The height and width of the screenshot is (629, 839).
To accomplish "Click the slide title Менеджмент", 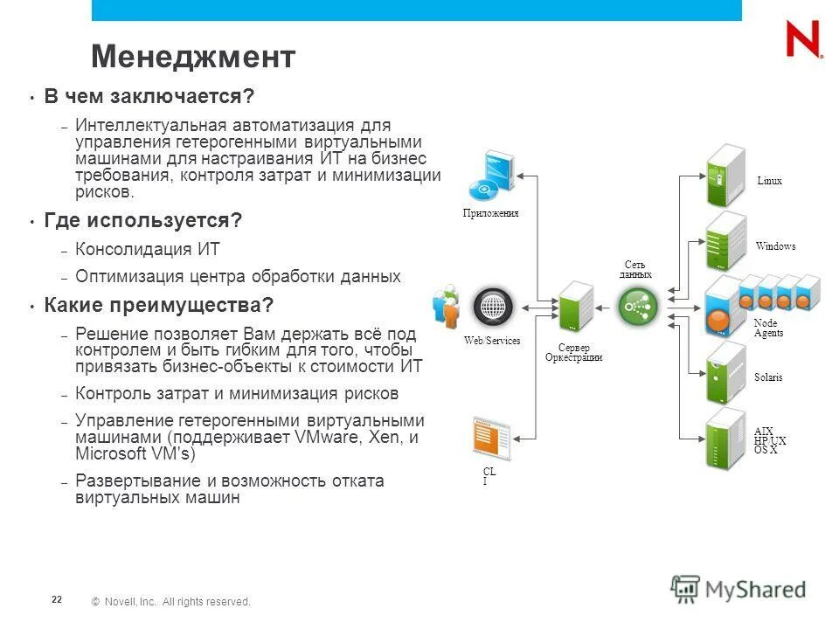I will click(x=193, y=58).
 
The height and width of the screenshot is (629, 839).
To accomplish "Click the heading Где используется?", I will click(x=142, y=221).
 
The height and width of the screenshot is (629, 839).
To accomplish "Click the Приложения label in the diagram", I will click(x=490, y=213).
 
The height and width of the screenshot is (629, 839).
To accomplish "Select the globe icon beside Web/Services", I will click(x=491, y=307).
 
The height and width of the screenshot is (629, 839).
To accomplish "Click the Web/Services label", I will click(x=492, y=341).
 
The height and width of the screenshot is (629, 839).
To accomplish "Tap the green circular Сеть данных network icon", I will click(x=636, y=307).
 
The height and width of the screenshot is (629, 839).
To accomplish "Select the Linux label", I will click(x=770, y=181).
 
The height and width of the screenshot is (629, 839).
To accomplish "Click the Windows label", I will click(x=775, y=246).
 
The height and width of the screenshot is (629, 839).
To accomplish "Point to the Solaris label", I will click(x=768, y=377).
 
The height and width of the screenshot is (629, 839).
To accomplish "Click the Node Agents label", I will click(x=768, y=328).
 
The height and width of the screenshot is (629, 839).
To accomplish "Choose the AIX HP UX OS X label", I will click(x=769, y=441).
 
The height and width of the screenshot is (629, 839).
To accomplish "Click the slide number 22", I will click(x=57, y=599).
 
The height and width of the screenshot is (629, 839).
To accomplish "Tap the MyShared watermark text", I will click(x=755, y=589).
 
